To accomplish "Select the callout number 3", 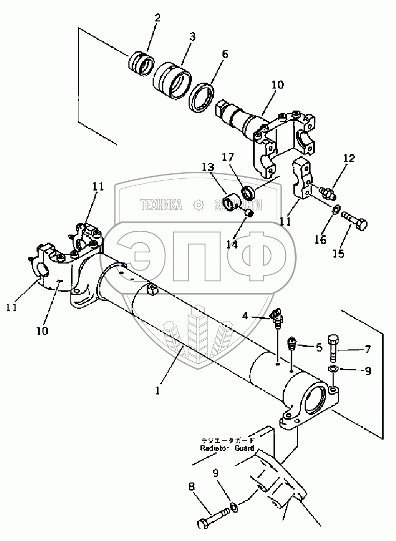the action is (x=192, y=36).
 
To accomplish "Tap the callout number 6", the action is (x=224, y=54).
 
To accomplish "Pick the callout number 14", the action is (x=232, y=244).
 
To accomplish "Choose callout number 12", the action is (x=349, y=158).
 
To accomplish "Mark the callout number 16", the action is (x=320, y=240).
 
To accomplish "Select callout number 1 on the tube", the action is (x=158, y=391).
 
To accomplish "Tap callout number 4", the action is (x=244, y=316).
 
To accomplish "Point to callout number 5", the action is (x=319, y=347).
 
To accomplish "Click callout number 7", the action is (x=368, y=350).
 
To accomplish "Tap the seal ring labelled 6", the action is (x=204, y=97).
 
